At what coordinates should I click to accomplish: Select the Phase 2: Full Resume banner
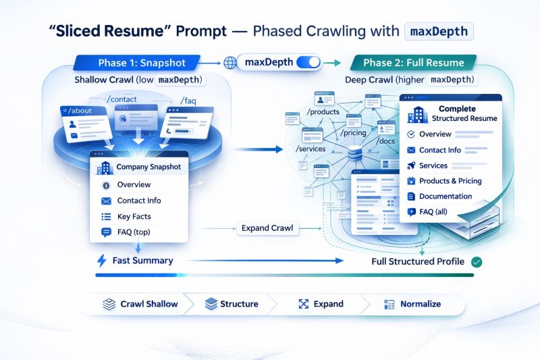[413, 63]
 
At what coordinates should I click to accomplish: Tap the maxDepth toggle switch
[308, 63]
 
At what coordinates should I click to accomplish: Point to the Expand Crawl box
[267, 228]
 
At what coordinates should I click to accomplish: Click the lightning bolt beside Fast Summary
[102, 261]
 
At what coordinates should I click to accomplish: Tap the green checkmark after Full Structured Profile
[477, 261]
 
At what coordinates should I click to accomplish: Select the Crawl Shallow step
[140, 304]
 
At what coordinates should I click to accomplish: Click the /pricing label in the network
[354, 133]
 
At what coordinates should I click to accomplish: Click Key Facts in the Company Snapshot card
[134, 217]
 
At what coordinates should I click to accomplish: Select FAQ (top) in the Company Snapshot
[134, 232]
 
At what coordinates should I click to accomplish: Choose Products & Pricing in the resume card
[450, 180]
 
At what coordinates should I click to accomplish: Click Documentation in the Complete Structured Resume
[446, 196]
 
